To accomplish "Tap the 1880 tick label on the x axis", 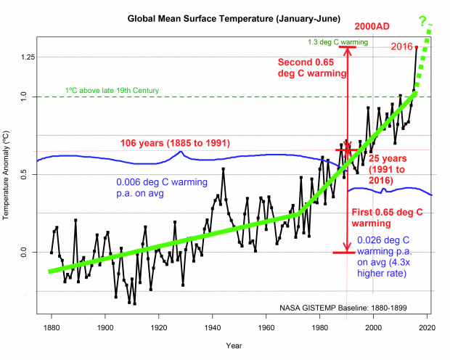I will pos(51,327).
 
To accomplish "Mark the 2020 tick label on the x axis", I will pos(426,327).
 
